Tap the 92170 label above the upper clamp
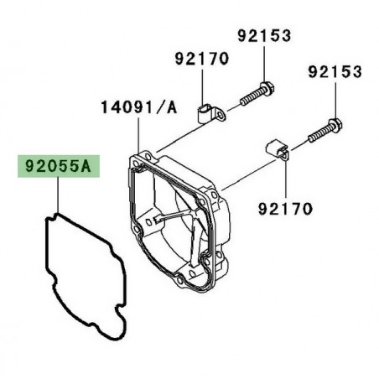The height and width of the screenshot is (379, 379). pyautogui.click(x=201, y=58)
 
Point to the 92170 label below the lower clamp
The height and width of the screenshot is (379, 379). pyautogui.click(x=284, y=206)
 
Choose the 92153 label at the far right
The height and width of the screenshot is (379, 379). pyautogui.click(x=334, y=72)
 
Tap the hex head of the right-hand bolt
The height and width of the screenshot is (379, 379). pyautogui.click(x=335, y=125)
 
